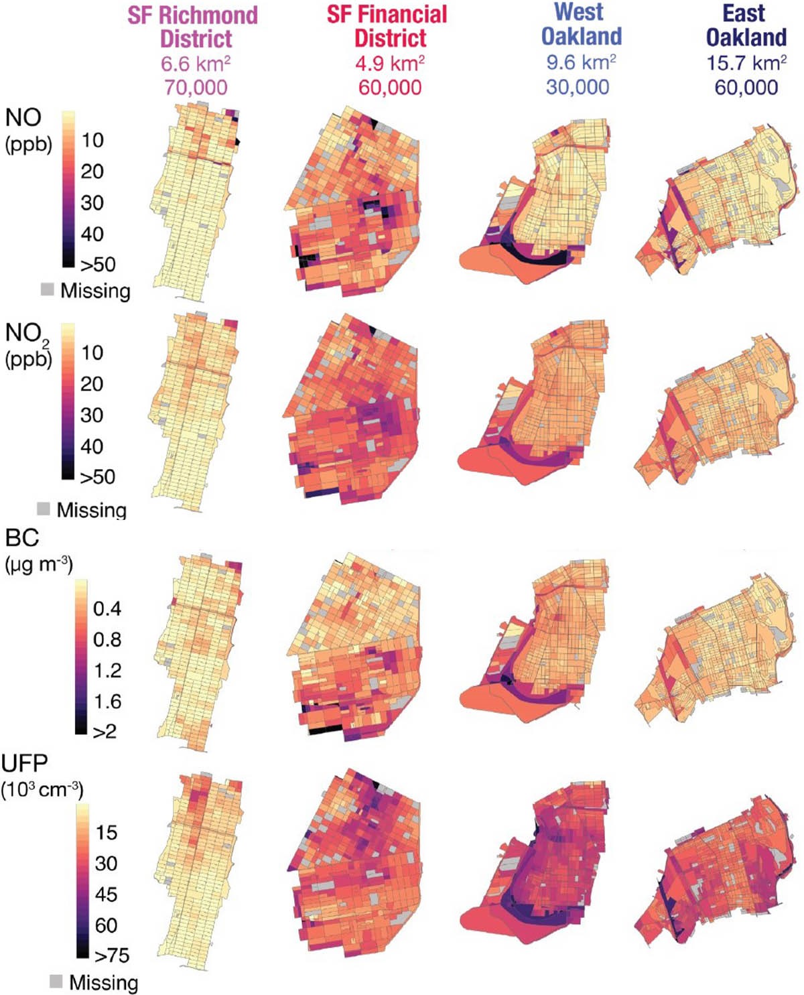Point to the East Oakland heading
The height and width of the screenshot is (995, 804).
(746, 25)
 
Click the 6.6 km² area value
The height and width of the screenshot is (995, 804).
(196, 64)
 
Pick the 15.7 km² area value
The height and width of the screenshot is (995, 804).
(746, 63)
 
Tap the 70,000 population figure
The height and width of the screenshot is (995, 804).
(196, 87)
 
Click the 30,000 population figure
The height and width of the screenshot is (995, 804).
(578, 86)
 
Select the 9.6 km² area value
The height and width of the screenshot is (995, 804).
(581, 62)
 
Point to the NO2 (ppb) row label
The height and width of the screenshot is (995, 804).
(27, 343)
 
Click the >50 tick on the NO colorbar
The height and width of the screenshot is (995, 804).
(98, 264)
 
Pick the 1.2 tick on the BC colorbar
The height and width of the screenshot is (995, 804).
(107, 671)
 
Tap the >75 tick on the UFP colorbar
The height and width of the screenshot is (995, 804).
(112, 955)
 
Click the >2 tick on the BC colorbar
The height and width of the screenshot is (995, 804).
(105, 731)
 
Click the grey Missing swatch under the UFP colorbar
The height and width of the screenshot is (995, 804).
(56, 982)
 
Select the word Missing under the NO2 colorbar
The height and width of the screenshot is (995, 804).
(91, 510)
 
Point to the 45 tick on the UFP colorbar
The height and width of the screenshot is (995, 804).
(107, 894)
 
